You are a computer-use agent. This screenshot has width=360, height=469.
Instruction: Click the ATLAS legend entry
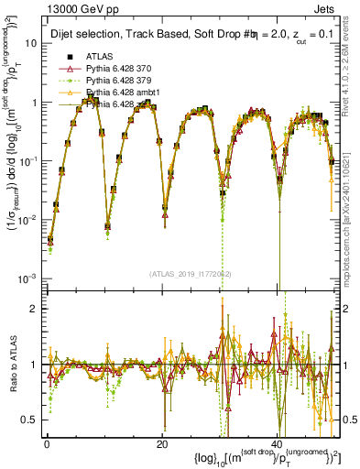tap(100, 56)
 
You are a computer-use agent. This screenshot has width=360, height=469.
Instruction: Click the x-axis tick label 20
tap(161, 444)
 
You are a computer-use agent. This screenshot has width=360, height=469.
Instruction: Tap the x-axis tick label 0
tap(47, 444)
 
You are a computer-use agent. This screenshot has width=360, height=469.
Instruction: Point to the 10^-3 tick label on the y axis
tap(28, 278)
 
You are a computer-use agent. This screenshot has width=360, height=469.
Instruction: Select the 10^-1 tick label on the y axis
tap(28, 160)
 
